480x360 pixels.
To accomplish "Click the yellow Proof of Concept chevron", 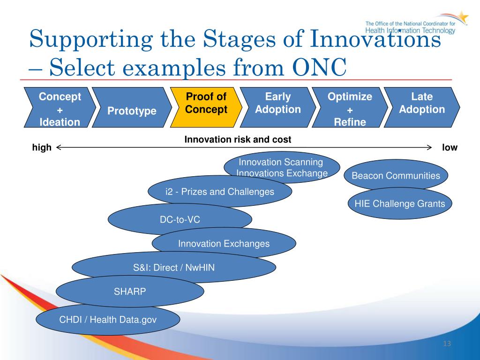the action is point(206,107).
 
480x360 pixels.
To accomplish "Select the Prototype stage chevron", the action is point(132,107).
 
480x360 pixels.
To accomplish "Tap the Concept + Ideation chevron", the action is point(60,107).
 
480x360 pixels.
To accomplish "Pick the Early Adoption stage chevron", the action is point(278,107).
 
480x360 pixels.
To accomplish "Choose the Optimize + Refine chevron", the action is point(350,107).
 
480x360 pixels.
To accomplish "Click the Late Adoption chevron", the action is point(422,107).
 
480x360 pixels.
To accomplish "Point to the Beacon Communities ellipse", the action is point(396,175).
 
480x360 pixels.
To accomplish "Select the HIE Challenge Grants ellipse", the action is point(400,203).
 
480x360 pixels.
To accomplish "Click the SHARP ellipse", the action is point(130,291).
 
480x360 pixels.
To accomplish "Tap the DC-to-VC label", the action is point(180,219).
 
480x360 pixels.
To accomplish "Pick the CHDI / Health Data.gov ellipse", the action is point(108,319).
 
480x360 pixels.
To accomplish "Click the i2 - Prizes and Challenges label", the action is point(220,192).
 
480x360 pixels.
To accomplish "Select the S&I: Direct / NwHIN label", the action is point(174,268).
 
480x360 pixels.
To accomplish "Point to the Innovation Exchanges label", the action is point(224,244).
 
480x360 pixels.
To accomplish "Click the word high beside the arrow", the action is point(42,148).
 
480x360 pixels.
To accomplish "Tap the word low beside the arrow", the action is point(450,148).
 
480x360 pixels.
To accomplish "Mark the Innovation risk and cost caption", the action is point(238,140).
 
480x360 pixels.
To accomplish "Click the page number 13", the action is point(447,344).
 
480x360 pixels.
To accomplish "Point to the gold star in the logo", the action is point(463,17).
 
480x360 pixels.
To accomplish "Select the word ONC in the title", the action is point(319,67).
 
